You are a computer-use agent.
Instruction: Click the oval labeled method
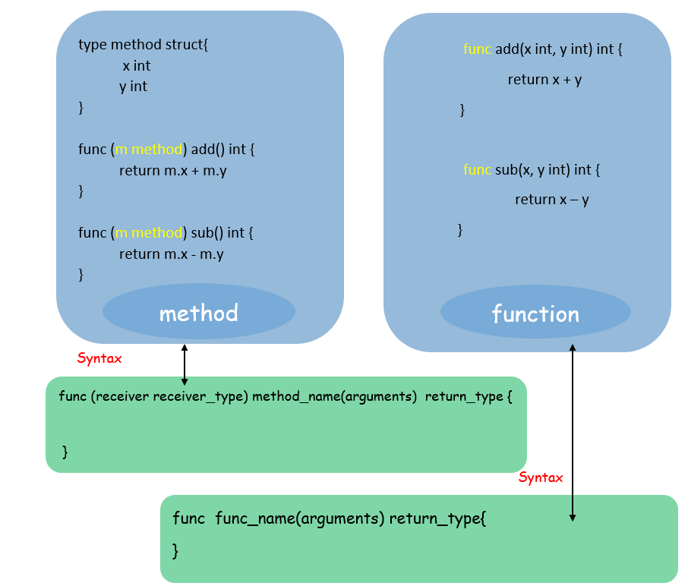point(198,313)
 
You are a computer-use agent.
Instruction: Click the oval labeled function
point(535,313)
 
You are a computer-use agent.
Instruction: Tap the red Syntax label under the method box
point(99,358)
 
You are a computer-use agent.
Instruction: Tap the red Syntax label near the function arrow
point(541,477)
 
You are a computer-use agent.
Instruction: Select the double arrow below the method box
point(185,364)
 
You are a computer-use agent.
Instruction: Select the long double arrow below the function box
point(573,433)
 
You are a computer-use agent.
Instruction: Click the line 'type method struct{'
point(143,45)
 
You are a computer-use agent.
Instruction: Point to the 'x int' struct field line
point(136,66)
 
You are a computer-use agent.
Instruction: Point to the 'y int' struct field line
point(133,87)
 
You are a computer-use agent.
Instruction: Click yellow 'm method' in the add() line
point(149,150)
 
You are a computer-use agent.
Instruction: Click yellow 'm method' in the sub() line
point(149,233)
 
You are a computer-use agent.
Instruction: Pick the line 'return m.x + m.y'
point(172,171)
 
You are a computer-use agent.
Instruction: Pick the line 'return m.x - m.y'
point(171,254)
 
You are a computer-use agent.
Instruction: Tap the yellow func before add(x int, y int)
point(477,49)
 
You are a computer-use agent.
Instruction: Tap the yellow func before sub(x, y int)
point(477,170)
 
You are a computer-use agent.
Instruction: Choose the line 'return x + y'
point(544,80)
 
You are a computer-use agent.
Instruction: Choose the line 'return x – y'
point(552,200)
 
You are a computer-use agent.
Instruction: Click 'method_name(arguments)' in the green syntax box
point(334,396)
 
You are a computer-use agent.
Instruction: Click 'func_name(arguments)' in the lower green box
point(300,519)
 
